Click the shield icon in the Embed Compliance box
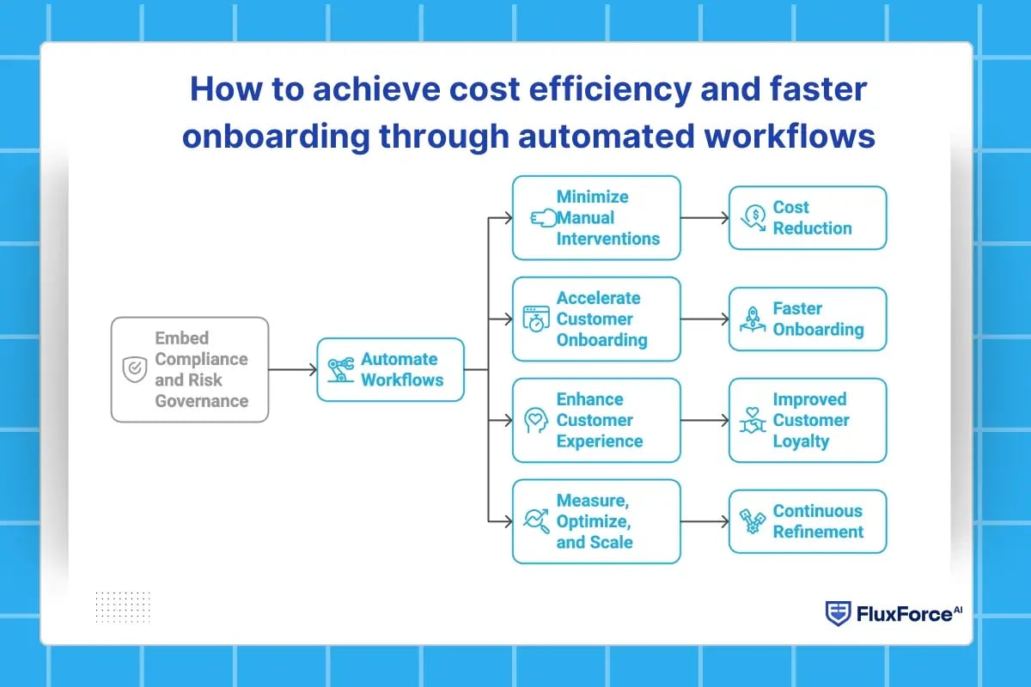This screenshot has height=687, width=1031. (x=134, y=370)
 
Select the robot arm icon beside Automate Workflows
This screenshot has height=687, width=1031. (x=340, y=370)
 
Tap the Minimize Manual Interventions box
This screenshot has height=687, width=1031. (x=596, y=218)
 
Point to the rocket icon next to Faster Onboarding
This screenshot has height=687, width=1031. (x=753, y=319)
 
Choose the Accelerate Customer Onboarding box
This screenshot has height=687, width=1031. (x=596, y=319)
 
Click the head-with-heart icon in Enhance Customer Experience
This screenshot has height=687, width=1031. (x=536, y=421)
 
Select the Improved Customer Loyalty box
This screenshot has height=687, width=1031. (x=808, y=421)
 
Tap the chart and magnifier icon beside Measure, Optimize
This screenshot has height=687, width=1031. (x=536, y=521)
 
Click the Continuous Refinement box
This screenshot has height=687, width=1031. (x=808, y=521)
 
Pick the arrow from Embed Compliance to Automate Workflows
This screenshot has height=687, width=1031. (x=292, y=370)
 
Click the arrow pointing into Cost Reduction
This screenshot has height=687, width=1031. (x=705, y=218)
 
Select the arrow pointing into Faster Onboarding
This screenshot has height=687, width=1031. (x=705, y=319)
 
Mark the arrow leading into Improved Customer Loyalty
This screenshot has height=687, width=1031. (x=705, y=421)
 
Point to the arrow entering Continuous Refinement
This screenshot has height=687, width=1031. (x=705, y=521)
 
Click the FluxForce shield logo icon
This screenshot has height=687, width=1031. (x=837, y=613)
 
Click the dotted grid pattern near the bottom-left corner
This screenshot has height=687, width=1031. (x=122, y=605)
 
